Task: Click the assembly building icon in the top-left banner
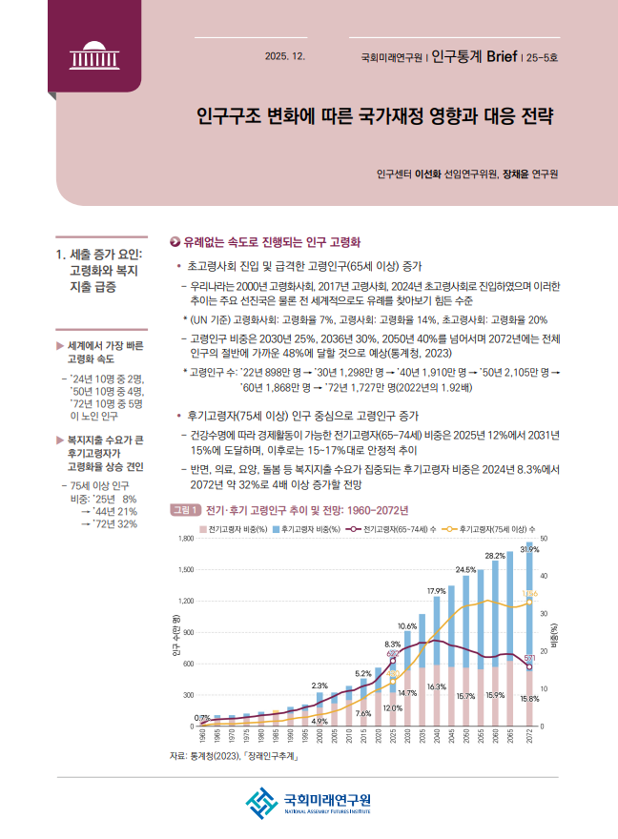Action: (x=91, y=55)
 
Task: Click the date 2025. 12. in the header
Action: (x=285, y=57)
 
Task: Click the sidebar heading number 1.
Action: (x=62, y=255)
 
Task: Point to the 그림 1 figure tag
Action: (x=185, y=509)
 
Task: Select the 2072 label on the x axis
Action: (x=530, y=740)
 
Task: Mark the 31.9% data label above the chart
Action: (x=530, y=549)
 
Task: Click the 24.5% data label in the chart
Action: (x=465, y=569)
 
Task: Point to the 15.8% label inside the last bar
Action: (x=530, y=698)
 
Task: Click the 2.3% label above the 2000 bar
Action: (x=320, y=686)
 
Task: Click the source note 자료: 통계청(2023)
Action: (x=234, y=756)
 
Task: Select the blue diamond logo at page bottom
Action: (x=259, y=803)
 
